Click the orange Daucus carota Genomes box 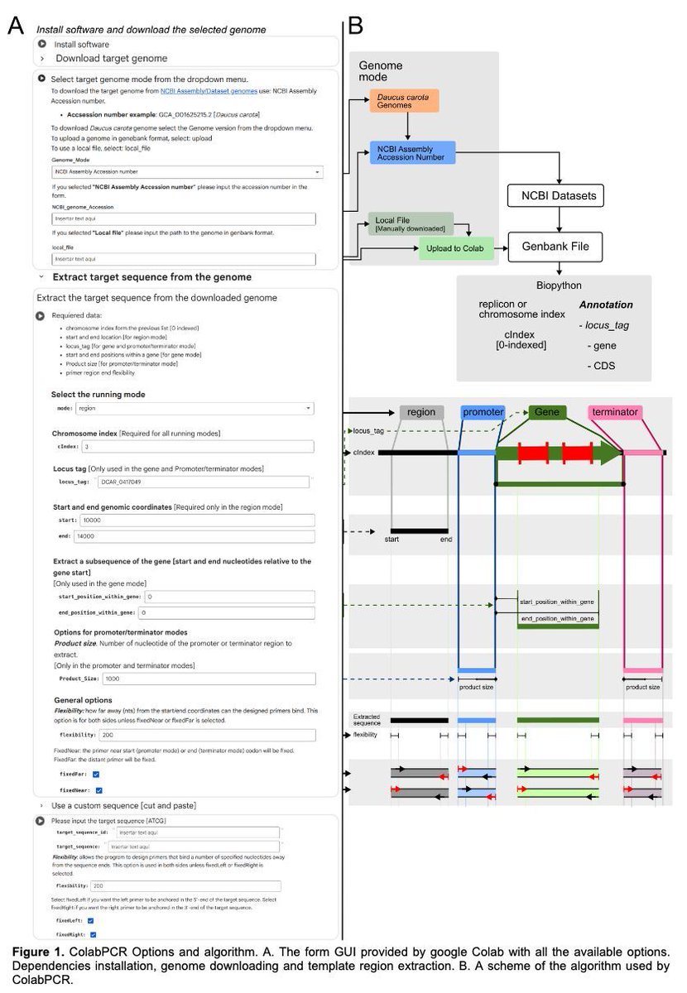click(x=405, y=101)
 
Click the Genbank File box click(x=555, y=247)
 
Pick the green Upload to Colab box click(x=456, y=247)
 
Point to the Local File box click(x=411, y=223)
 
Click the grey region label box click(x=421, y=412)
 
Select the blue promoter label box click(x=482, y=412)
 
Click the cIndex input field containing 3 click(x=197, y=447)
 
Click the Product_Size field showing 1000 click(x=208, y=679)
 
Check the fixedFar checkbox click(x=96, y=774)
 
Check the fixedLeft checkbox click(x=91, y=919)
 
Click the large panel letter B click(x=356, y=26)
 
